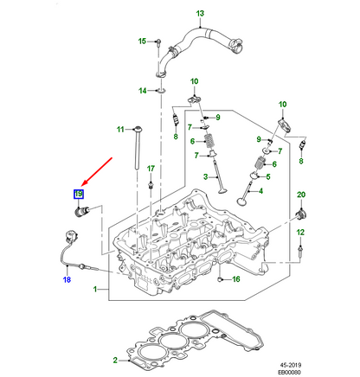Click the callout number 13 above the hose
[200, 13]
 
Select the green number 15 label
[143, 41]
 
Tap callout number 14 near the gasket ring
[142, 91]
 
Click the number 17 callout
[151, 168]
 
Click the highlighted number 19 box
[78, 194]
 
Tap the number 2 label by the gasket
[113, 360]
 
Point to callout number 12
[301, 233]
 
